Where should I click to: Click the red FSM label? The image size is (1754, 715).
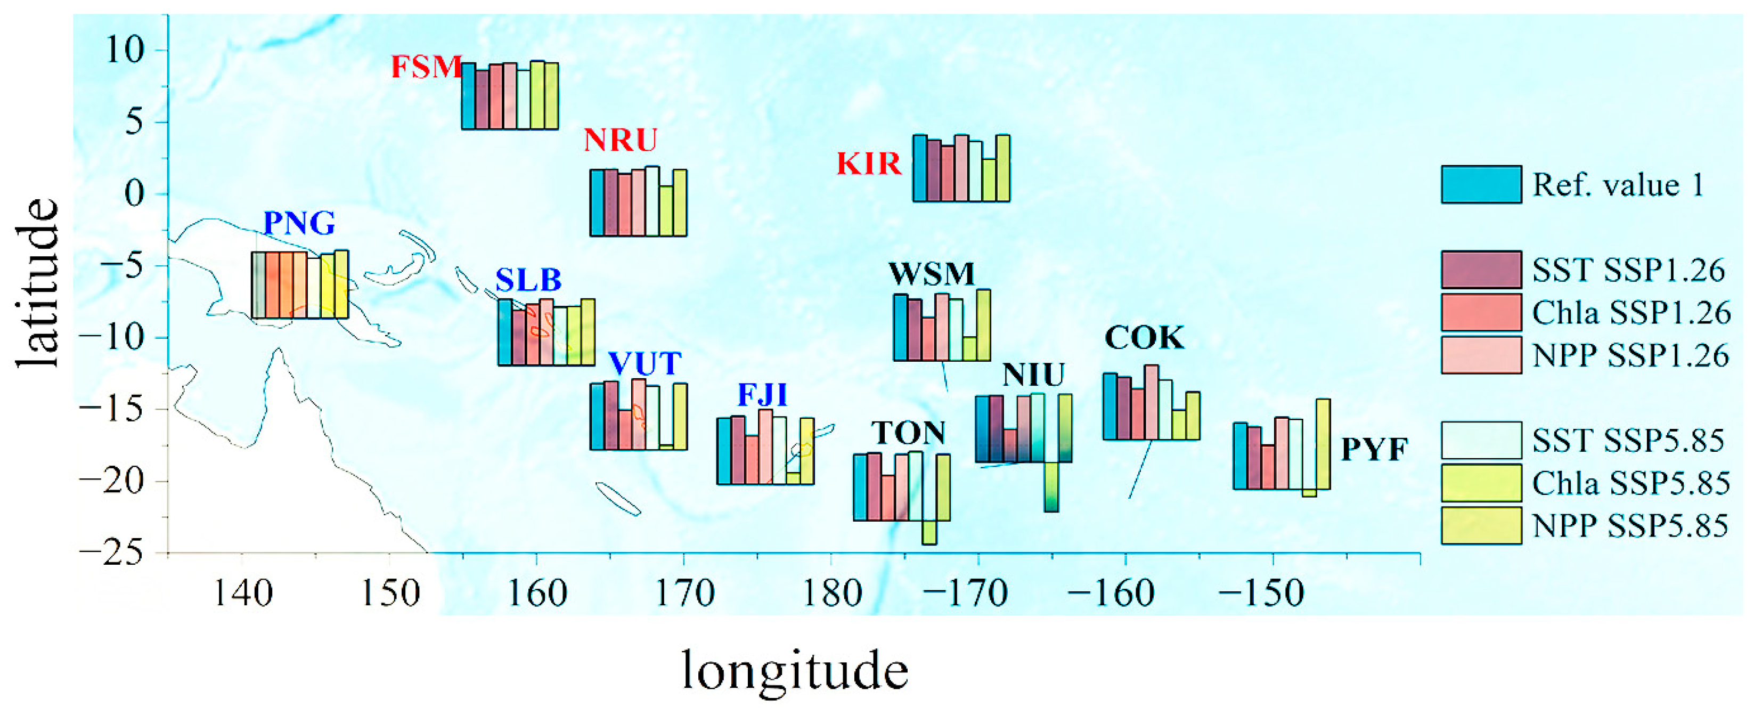[x=426, y=67]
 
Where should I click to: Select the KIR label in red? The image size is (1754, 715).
[x=869, y=164]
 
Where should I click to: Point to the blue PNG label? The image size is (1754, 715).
[x=299, y=223]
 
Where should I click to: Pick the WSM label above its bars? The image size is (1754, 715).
[x=932, y=274]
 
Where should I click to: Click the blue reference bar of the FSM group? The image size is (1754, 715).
[x=468, y=96]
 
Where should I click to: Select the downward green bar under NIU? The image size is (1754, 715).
[x=1051, y=487]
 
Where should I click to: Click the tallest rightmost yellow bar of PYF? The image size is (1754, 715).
[x=1323, y=444]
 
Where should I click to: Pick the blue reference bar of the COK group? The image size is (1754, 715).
[x=1110, y=407]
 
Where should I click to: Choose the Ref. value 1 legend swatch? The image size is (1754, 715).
[x=1481, y=184]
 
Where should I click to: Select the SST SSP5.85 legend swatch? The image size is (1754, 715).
[x=1481, y=441]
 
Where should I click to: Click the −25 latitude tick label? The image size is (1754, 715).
[x=112, y=552]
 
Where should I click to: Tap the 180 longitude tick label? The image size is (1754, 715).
[x=832, y=593]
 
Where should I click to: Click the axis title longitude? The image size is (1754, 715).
[x=795, y=671]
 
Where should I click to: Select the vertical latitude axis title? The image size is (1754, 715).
[x=37, y=282]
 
